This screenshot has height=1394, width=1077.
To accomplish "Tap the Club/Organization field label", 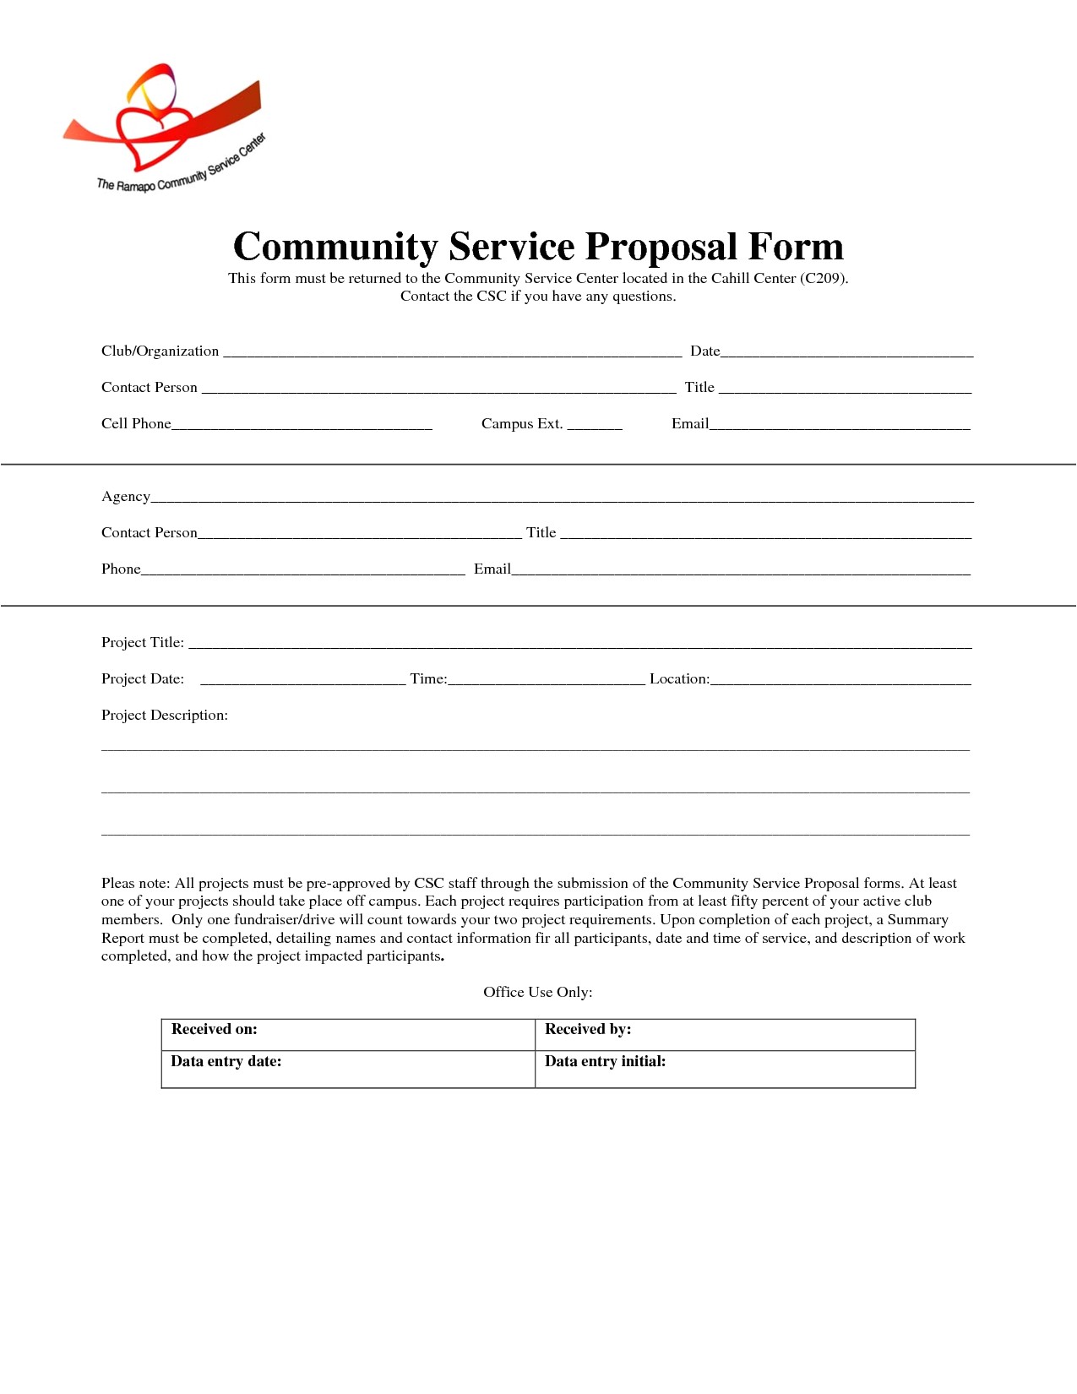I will [x=160, y=351].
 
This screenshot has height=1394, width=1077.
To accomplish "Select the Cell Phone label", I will [x=136, y=424].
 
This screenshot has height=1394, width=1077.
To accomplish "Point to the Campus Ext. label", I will [x=521, y=424].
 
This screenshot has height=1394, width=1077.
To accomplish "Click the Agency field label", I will [x=126, y=497].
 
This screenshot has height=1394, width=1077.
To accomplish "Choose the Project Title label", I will [x=142, y=643].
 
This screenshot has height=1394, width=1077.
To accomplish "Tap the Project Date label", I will [x=142, y=679].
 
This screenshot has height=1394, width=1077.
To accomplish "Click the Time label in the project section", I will [x=428, y=679].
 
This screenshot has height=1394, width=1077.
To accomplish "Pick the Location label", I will [x=679, y=679].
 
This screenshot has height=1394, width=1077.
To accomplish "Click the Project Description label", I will [x=165, y=716].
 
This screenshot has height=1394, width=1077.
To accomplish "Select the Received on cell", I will [x=347, y=1034].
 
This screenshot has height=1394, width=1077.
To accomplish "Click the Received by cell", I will [x=725, y=1034].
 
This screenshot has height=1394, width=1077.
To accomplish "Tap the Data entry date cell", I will [x=347, y=1069].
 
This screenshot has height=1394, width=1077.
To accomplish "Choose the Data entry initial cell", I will [x=725, y=1069].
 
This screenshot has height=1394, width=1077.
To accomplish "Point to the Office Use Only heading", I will [x=537, y=993].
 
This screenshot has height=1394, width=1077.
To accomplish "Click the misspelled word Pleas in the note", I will [x=118, y=884].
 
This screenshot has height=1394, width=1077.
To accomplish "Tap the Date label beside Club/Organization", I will [x=704, y=351].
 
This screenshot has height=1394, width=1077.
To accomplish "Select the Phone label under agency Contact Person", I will [x=121, y=569].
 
